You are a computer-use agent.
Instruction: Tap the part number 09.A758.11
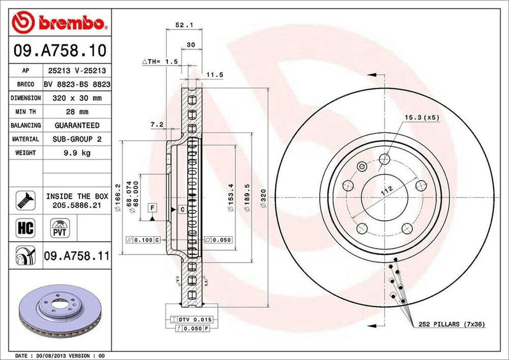click(x=77, y=257)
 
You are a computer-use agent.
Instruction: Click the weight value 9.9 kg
click(x=77, y=153)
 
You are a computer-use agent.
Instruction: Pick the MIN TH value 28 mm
click(x=77, y=112)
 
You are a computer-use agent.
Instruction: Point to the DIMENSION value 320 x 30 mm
click(x=77, y=98)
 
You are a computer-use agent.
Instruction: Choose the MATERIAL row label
click(x=25, y=139)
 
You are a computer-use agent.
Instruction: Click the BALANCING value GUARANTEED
click(x=77, y=125)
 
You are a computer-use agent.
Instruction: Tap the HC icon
click(x=25, y=228)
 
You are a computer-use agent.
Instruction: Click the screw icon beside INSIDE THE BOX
click(x=25, y=199)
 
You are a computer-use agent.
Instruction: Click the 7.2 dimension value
click(x=157, y=124)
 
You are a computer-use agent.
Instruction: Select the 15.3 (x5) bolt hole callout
click(x=422, y=117)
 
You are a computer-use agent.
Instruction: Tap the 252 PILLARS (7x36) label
click(x=451, y=324)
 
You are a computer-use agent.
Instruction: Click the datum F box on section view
click(x=152, y=207)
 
